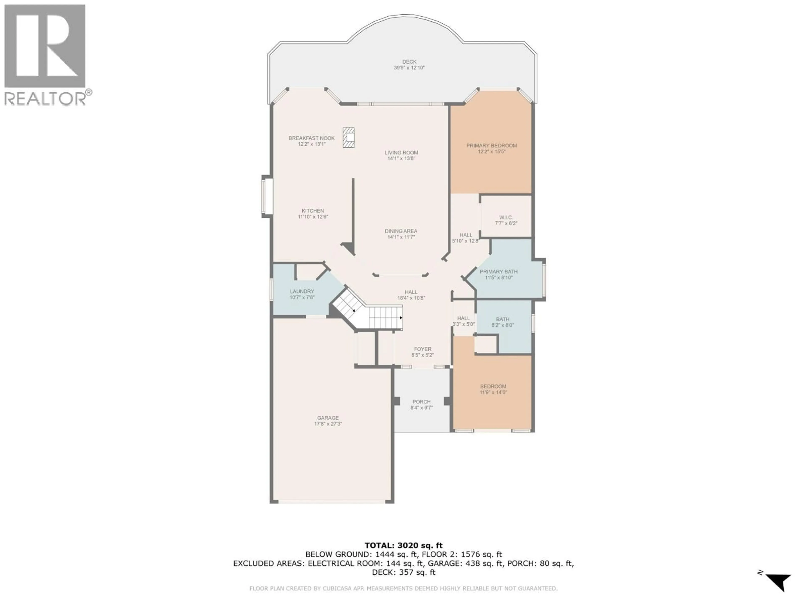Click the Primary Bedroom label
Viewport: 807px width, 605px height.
pyautogui.click(x=491, y=146)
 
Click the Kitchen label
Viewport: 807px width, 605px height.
pyautogui.click(x=313, y=211)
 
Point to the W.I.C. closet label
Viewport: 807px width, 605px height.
pyautogui.click(x=506, y=217)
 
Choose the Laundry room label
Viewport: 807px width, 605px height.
pyautogui.click(x=302, y=291)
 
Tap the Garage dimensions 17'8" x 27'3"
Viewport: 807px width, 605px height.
pyautogui.click(x=328, y=424)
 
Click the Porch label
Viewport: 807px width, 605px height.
pyautogui.click(x=421, y=401)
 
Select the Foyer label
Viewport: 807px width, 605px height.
pyautogui.click(x=422, y=349)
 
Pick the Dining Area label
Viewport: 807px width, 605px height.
pyautogui.click(x=401, y=231)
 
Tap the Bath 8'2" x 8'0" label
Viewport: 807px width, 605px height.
pyautogui.click(x=502, y=322)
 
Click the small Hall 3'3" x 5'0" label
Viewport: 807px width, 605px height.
pyautogui.click(x=463, y=321)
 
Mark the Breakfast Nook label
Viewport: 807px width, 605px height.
pyautogui.click(x=311, y=138)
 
